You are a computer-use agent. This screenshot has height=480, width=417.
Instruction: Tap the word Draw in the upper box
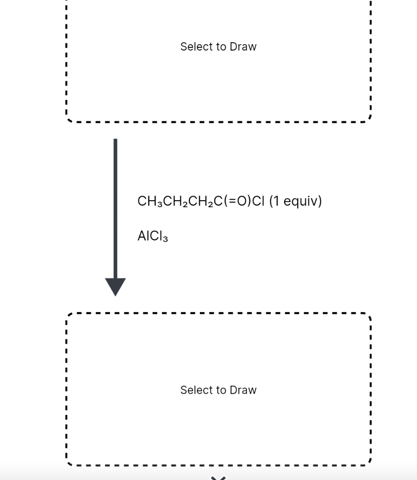(x=243, y=47)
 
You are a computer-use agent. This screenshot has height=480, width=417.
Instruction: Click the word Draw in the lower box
(x=243, y=390)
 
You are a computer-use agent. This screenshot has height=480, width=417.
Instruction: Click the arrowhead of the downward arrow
(x=115, y=286)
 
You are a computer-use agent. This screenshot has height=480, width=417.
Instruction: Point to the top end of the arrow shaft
(x=115, y=140)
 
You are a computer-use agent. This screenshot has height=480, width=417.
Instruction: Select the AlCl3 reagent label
(x=153, y=237)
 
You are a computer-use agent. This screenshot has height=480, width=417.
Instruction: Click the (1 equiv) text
(x=296, y=202)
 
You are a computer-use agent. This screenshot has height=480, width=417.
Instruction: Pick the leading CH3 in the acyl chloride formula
(x=146, y=202)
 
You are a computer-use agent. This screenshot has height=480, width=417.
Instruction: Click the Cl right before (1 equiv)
(x=259, y=202)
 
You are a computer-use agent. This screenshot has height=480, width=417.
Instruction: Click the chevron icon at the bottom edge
(x=218, y=478)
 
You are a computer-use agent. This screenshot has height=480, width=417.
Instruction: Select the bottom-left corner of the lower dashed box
(x=69, y=464)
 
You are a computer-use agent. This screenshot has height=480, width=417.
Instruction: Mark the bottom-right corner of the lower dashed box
(x=369, y=464)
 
